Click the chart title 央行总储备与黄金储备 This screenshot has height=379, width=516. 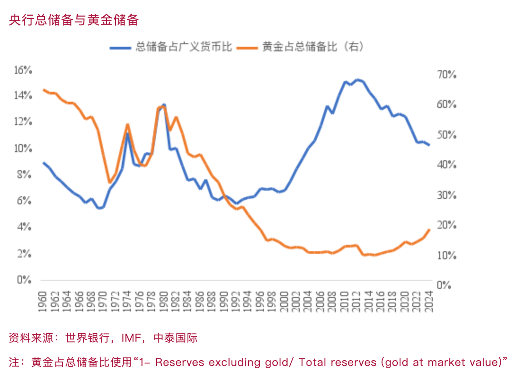click(74, 20)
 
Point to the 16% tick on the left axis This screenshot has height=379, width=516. click(23, 70)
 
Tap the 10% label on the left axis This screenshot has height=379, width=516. click(23, 149)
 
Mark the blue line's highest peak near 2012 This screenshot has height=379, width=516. click(357, 80)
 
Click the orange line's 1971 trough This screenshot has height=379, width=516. click(109, 182)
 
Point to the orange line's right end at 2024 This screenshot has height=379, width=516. click(429, 230)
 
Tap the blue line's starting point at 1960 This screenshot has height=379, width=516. click(44, 163)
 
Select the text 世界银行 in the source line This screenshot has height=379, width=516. click(87, 338)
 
